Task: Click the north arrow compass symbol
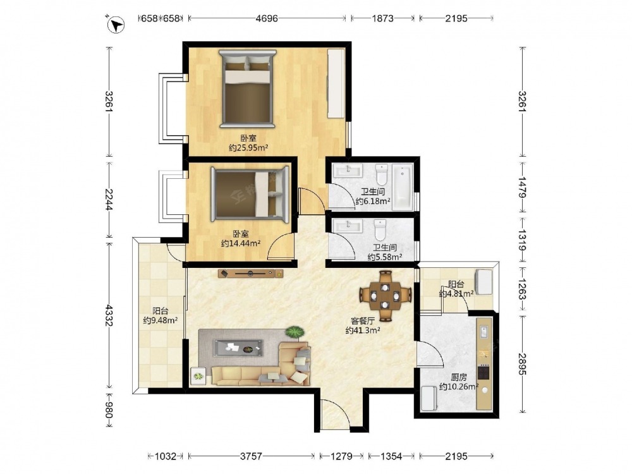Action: click(116, 25)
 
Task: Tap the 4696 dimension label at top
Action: click(267, 18)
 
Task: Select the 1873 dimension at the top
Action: click(382, 18)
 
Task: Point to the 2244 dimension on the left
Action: click(109, 200)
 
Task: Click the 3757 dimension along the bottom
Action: click(251, 456)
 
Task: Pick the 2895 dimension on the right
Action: click(523, 364)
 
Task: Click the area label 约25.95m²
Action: click(248, 148)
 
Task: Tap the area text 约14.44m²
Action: click(241, 243)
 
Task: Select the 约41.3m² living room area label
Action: click(363, 331)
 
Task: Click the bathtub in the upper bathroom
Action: click(403, 186)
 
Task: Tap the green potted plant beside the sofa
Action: click(295, 332)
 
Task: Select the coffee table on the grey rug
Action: click(238, 348)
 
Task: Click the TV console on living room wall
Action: click(251, 274)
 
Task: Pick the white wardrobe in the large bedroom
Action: click(336, 83)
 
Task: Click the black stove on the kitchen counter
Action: click(483, 372)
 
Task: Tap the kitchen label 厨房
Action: click(459, 378)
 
